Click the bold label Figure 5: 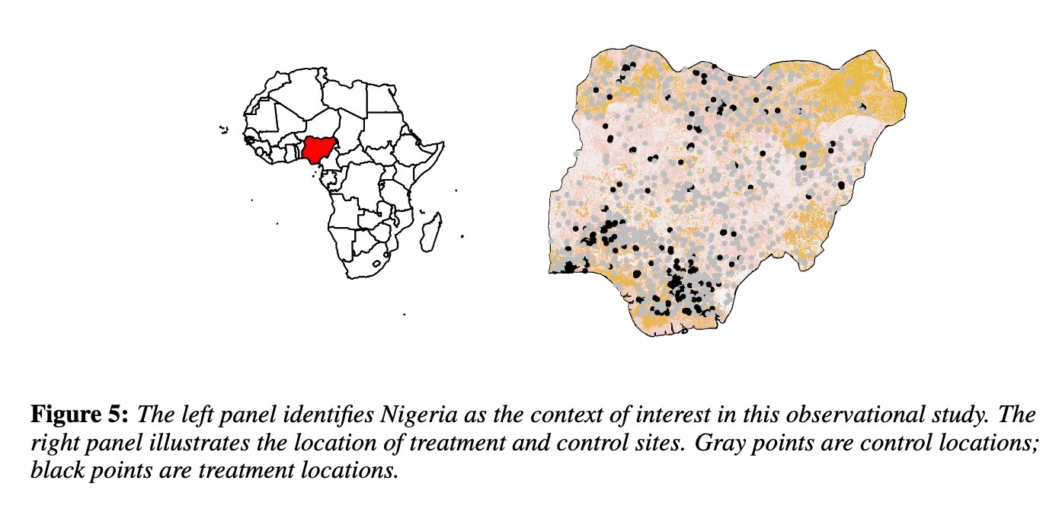pyautogui.click(x=82, y=415)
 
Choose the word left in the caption pyautogui.click(x=203, y=415)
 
